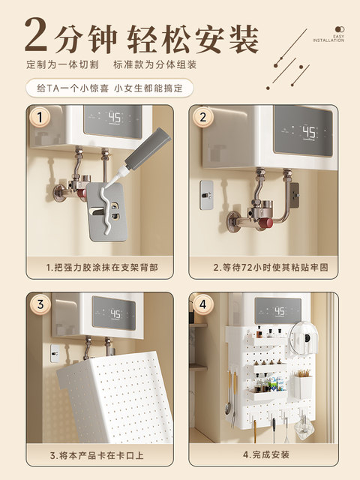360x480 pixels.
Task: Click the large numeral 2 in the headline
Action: (x=37, y=34)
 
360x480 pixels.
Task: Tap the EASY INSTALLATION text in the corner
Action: (x=328, y=38)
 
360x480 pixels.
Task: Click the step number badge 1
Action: (x=40, y=117)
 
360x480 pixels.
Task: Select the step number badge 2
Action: (x=202, y=117)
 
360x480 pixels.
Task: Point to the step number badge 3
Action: (x=40, y=304)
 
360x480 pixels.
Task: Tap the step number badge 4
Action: (x=202, y=304)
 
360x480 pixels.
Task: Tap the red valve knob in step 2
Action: (x=266, y=223)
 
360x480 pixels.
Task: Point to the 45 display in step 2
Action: (x=308, y=133)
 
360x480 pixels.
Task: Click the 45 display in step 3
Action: (x=115, y=313)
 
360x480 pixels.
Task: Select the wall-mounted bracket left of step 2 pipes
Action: (x=207, y=195)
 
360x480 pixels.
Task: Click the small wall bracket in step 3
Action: (x=55, y=353)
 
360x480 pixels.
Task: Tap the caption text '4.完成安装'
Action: (x=265, y=454)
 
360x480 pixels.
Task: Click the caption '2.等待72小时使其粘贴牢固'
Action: (x=271, y=267)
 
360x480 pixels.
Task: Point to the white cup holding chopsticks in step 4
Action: (x=303, y=386)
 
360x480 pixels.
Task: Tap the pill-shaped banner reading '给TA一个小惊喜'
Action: (x=109, y=88)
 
